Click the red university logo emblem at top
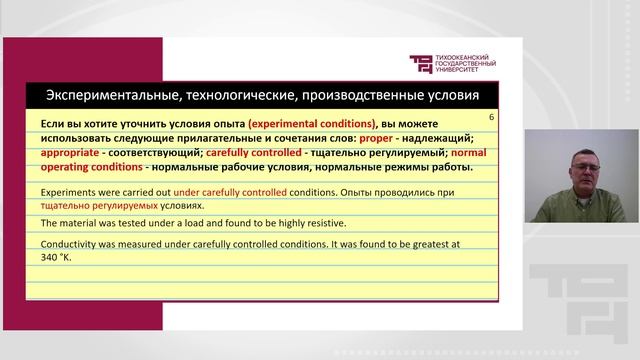[x=421, y=64]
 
